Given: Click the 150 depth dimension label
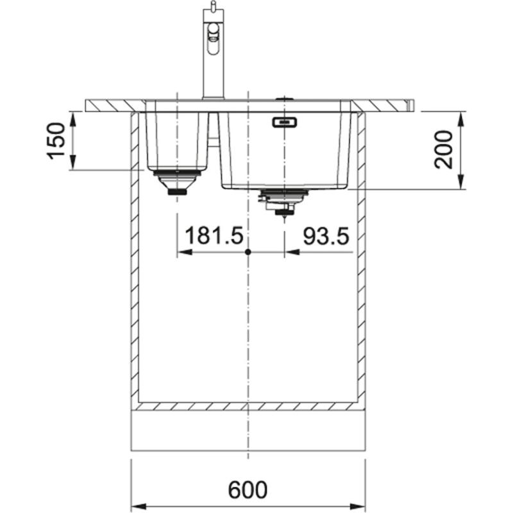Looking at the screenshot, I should tap(56, 140).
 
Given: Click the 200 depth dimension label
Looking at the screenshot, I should tap(444, 149).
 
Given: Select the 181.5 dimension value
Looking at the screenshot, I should tap(214, 237).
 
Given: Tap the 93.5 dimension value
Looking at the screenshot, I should tap(326, 237).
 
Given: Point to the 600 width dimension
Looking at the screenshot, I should tap(248, 490).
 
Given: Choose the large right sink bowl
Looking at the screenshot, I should tap(285, 151).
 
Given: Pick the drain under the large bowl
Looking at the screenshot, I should tap(282, 202).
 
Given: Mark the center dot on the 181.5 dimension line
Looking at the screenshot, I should tap(248, 253).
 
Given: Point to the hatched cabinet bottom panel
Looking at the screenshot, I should tap(248, 406).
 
